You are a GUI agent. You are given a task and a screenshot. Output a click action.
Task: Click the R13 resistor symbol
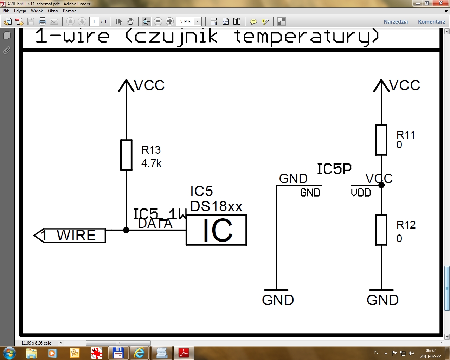(x=126, y=155)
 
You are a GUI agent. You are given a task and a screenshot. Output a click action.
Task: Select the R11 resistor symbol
(x=381, y=140)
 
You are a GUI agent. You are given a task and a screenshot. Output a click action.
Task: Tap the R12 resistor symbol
(x=381, y=230)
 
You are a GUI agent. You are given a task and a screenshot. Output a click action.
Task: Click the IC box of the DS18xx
(x=217, y=230)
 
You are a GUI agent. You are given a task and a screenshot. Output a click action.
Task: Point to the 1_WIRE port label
(x=70, y=236)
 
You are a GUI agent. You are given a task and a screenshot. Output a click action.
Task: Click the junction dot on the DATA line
(x=126, y=230)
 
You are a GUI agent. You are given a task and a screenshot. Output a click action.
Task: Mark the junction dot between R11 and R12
(x=381, y=185)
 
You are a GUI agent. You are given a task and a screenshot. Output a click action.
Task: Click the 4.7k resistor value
(x=152, y=163)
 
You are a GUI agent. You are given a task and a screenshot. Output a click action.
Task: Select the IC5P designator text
(x=334, y=169)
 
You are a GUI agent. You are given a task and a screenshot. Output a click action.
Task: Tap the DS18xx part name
(x=216, y=206)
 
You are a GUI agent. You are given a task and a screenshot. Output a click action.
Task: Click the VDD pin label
(x=361, y=193)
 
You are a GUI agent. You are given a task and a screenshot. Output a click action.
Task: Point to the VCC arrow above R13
(x=126, y=86)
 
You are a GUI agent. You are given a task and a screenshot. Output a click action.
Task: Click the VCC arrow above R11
(x=381, y=86)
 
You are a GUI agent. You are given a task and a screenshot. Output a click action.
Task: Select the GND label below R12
(x=382, y=300)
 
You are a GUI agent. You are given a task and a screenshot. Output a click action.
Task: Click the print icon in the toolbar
(x=43, y=21)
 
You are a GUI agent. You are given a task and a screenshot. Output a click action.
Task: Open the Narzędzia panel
(x=396, y=21)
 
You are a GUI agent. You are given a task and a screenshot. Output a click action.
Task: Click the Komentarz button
(x=431, y=21)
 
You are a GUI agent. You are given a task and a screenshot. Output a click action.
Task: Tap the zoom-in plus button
(x=170, y=21)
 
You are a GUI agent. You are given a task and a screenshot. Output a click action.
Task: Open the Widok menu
(x=37, y=11)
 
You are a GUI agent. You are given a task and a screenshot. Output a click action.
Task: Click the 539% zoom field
(x=185, y=21)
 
